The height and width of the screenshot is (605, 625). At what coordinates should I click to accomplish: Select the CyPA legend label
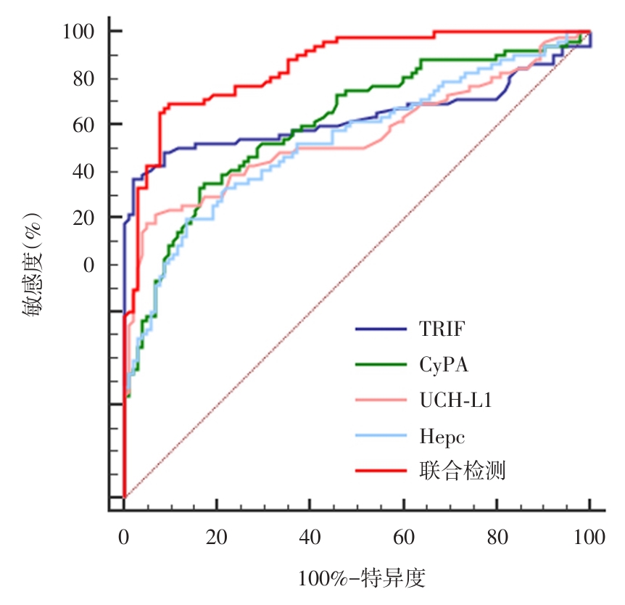(x=444, y=365)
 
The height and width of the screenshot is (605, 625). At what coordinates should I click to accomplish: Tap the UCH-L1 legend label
(x=455, y=400)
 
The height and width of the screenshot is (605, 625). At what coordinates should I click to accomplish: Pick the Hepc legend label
(x=442, y=437)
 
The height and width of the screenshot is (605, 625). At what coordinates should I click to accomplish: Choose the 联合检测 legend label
(x=462, y=472)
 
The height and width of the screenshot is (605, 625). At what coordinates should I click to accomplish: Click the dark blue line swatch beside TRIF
(x=381, y=329)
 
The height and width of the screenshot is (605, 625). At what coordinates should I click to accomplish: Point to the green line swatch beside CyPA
(x=381, y=365)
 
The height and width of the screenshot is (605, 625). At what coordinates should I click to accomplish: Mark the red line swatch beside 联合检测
(x=381, y=472)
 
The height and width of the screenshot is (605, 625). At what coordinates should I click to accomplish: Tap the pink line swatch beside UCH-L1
(x=381, y=400)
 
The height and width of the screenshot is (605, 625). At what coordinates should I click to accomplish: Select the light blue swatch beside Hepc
(x=381, y=436)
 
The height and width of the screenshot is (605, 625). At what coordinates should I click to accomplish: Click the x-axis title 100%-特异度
(x=361, y=579)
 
